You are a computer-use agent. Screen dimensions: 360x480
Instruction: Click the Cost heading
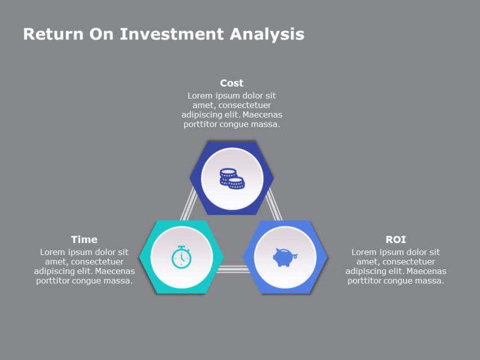(x=231, y=83)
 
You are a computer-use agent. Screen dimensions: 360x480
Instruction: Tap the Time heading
(x=84, y=240)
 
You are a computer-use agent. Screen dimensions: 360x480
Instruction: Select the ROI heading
(x=396, y=240)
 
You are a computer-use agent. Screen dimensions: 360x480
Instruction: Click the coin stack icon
(x=232, y=178)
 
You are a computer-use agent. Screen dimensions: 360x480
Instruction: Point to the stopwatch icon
(x=181, y=256)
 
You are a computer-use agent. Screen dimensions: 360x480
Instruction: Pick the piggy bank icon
(x=285, y=256)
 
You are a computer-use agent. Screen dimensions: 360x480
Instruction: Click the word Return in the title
(x=53, y=34)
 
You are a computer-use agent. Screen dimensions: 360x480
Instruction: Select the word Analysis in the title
(x=267, y=34)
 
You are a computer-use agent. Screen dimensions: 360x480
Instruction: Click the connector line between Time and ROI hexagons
(x=233, y=269)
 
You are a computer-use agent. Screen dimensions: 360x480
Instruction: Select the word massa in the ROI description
(x=430, y=281)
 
